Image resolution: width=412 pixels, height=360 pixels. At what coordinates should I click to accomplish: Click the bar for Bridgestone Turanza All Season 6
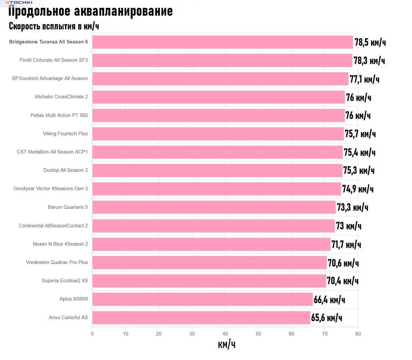[222, 42]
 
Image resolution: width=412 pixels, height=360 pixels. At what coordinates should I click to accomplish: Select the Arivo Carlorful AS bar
[201, 317]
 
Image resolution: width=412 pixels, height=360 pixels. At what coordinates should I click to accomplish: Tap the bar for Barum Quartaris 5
[214, 207]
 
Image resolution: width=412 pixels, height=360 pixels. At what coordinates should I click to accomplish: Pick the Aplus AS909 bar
[203, 299]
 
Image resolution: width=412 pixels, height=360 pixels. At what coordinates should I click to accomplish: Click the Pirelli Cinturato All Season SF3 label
[54, 60]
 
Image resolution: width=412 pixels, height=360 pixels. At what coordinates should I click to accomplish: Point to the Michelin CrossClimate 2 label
[61, 97]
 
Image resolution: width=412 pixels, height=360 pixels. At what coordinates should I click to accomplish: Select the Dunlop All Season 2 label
[66, 170]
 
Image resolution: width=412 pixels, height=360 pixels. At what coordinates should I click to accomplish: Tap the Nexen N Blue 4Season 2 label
[60, 244]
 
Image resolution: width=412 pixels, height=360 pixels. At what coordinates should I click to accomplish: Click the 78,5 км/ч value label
[370, 42]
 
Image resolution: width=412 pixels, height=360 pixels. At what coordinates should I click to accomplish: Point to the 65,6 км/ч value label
[327, 318]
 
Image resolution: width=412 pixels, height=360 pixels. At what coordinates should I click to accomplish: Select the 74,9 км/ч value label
[358, 189]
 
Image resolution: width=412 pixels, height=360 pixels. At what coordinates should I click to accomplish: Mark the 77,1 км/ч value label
[364, 79]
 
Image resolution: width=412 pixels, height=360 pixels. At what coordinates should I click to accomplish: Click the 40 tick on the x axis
[225, 334]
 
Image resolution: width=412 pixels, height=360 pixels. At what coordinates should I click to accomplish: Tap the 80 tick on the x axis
[358, 334]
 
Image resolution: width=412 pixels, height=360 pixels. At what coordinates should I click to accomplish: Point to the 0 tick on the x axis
[92, 334]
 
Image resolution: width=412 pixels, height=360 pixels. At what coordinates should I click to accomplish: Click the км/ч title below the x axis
[227, 344]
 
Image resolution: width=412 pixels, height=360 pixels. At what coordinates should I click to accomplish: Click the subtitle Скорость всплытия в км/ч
[54, 26]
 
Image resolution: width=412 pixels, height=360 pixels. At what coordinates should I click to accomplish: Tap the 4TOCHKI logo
[19, 2]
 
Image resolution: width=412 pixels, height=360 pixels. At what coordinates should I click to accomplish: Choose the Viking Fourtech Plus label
[65, 134]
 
